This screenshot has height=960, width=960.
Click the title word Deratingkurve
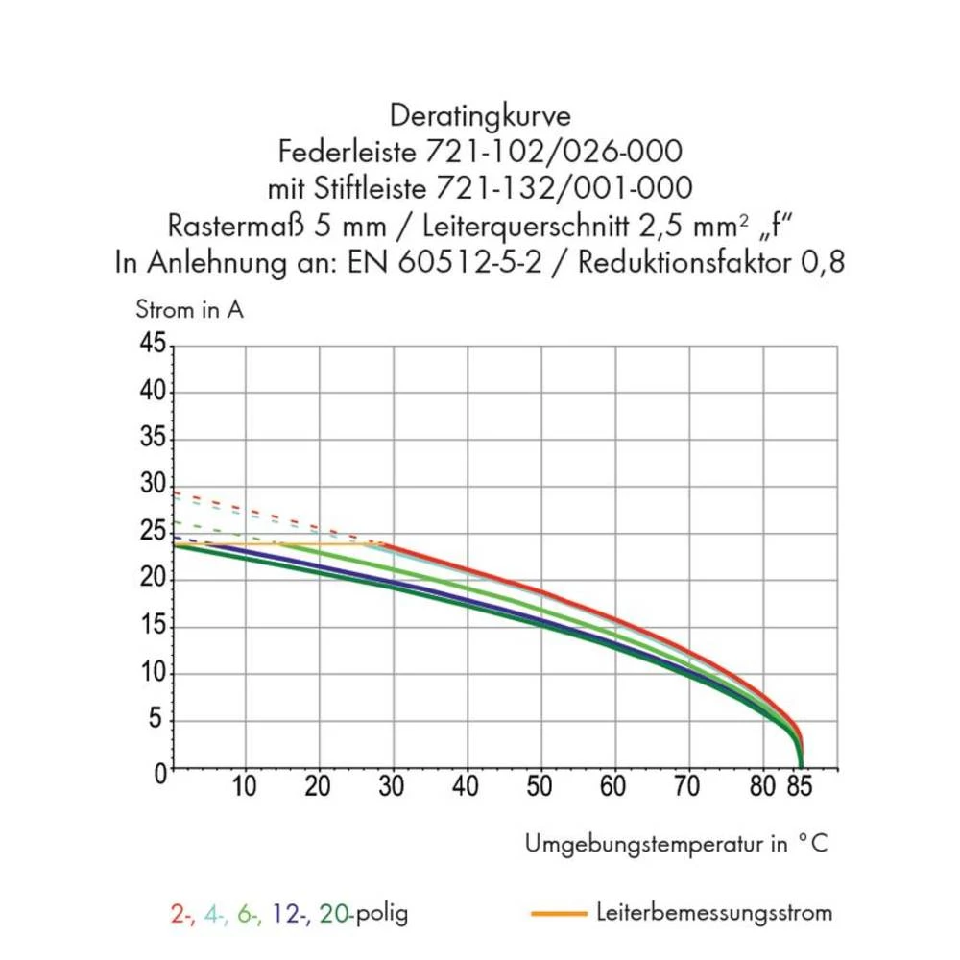pos(480,117)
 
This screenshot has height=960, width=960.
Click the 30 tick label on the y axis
pos(153,485)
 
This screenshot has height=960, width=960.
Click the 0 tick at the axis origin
pos(159,772)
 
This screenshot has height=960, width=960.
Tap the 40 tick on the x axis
pos(466,786)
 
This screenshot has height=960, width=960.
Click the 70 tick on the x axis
pos(687,786)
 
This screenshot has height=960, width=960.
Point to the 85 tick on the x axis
pos(799,786)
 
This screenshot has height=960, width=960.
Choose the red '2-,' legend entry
pos(181,913)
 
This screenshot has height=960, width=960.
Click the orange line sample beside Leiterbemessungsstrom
pos(558,913)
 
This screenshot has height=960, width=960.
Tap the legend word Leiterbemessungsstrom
pos(713,912)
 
